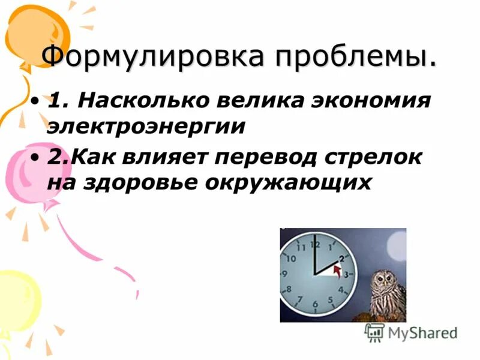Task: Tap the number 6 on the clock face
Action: point(315,304)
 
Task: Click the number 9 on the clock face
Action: point(284,274)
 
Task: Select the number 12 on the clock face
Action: point(315,245)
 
